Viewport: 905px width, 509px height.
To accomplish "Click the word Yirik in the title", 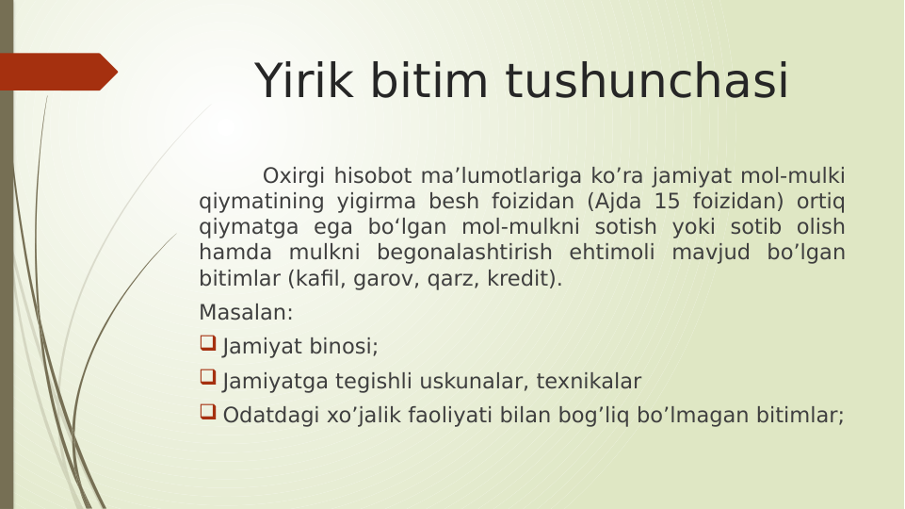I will point(307,81).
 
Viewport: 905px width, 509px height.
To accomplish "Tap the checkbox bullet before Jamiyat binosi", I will point(208,345).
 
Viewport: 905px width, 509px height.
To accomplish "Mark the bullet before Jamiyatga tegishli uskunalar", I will point(208,380).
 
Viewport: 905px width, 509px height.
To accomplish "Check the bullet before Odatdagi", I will point(208,414).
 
